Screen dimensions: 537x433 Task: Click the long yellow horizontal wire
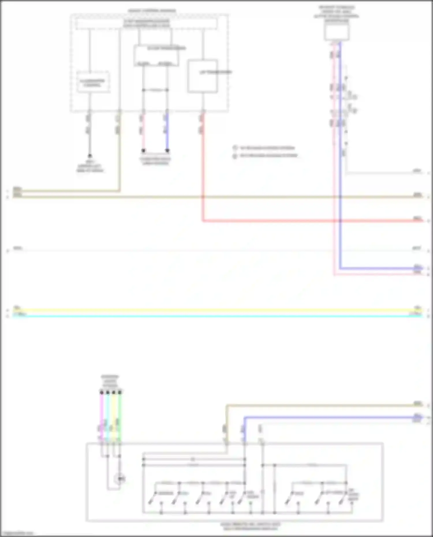point(216,310)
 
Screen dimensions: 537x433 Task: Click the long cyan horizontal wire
point(216,316)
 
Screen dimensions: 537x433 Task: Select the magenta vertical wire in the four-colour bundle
point(102,416)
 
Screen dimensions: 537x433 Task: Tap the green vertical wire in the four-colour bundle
point(120,416)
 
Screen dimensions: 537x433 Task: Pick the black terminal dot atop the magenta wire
point(102,392)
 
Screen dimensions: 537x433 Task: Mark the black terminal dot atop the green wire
point(120,392)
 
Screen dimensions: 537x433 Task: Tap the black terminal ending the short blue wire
point(167,151)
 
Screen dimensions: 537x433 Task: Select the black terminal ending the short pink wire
point(143,151)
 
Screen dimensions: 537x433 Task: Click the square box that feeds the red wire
point(203,76)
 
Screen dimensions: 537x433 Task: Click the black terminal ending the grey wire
point(90,156)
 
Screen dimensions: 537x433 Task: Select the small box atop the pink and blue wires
point(337,32)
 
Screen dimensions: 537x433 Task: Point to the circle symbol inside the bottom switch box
point(120,479)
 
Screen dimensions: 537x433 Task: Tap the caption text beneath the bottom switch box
point(250,526)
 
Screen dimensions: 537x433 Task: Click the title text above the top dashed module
point(152,11)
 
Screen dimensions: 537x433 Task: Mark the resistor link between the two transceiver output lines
point(155,90)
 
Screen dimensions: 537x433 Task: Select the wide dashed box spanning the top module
point(146,24)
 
